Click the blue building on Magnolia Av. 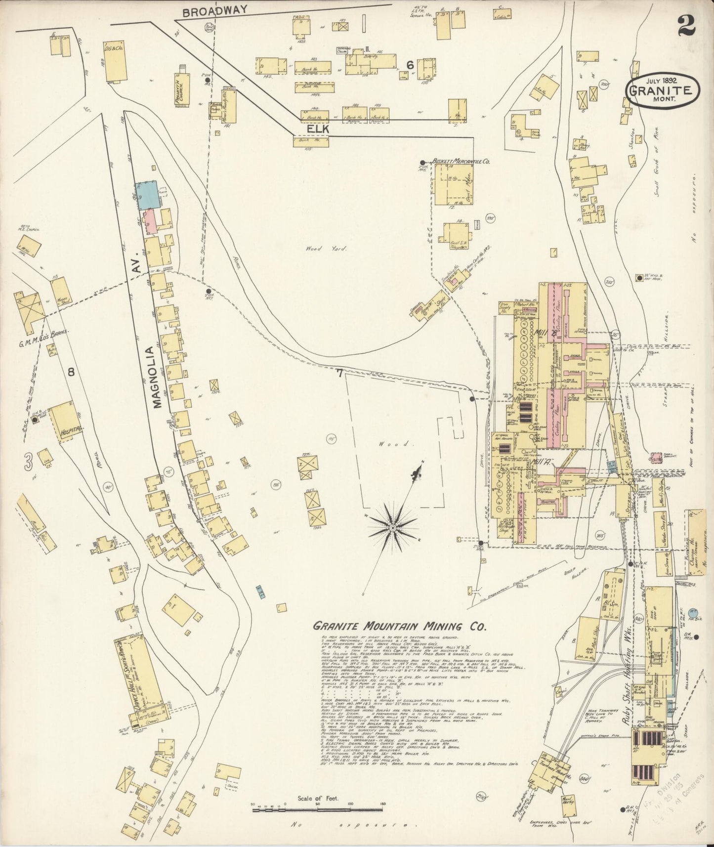(x=147, y=194)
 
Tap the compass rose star (x=392, y=528)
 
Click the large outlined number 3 (x=29, y=462)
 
